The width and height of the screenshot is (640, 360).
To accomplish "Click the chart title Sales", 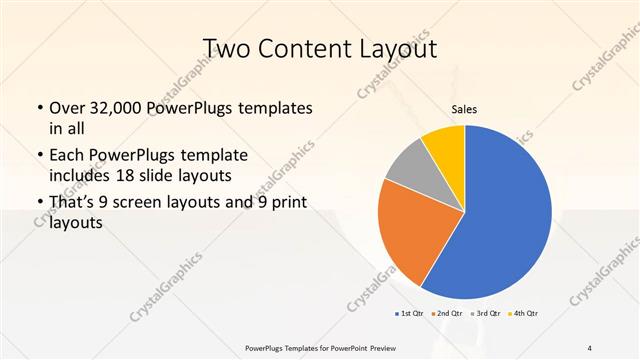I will [x=465, y=109].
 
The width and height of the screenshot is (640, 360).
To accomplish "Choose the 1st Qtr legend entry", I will [x=408, y=314].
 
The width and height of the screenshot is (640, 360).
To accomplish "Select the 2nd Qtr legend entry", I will [x=447, y=314].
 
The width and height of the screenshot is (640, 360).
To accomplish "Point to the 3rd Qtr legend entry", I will [x=487, y=314].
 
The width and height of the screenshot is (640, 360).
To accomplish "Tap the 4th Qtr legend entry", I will [x=526, y=314].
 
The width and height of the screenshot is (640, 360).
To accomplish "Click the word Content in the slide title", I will [x=319, y=49].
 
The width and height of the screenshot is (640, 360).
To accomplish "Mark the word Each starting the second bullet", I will [x=65, y=156].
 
